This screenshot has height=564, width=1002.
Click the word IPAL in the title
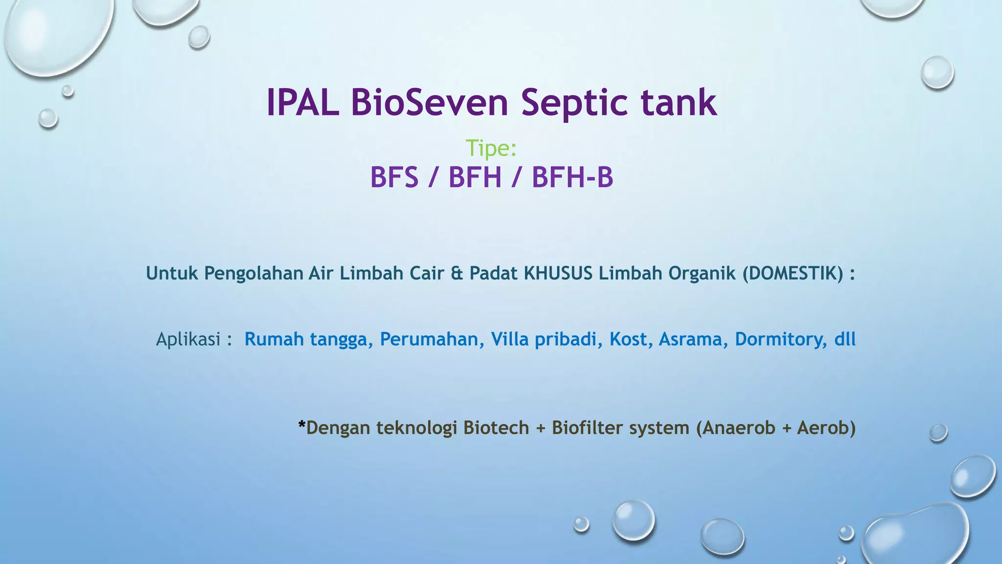point(302,103)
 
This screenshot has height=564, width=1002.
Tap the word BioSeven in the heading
point(430,103)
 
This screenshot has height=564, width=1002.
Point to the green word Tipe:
point(491,148)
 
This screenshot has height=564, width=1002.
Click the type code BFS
point(394,177)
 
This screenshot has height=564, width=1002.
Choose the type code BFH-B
point(572,177)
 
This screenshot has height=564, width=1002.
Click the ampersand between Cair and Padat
point(456,273)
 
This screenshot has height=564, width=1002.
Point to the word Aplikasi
point(188,339)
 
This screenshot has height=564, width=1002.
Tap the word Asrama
point(690,339)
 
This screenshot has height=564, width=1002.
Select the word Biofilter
point(587,428)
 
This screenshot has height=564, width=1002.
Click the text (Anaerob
point(735,428)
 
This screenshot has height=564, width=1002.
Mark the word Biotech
point(496,428)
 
